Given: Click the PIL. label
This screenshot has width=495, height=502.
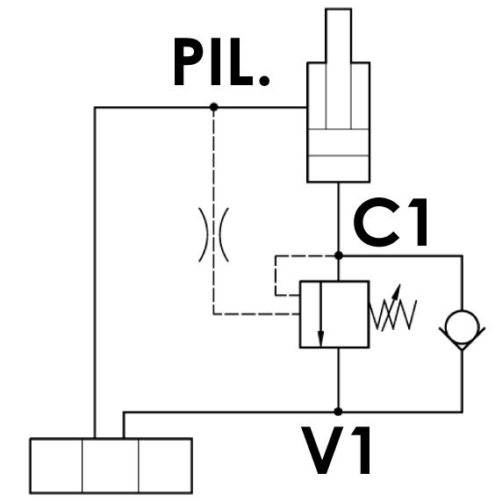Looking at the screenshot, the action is pos(221,62).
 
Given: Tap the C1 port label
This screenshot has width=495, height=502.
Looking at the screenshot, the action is pos(391,222).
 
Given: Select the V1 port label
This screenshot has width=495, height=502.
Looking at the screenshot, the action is pos(335,450).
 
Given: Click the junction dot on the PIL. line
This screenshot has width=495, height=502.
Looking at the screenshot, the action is pos(214,107).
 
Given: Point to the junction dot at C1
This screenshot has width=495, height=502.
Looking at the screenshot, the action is pos(339,255).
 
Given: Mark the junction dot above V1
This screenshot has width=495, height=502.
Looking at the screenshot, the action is pos(338,412).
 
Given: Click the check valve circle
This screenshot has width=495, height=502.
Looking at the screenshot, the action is pos(462,326).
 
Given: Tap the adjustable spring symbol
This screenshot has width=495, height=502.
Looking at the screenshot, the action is pos(393,314).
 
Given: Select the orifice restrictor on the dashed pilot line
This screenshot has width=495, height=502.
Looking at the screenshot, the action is pos(214,234).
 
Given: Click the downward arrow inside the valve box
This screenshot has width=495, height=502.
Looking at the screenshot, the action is pos(321,314).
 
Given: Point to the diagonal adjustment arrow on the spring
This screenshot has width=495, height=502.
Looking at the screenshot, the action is pos(391,307).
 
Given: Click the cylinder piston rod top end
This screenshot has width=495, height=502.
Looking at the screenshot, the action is pos(339,10).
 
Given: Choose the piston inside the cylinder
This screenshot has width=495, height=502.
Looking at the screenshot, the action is pos(339,142).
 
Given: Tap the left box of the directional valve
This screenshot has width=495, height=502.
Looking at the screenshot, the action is pos(56,465).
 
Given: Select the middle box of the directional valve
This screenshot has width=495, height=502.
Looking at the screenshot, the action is pos(111,465).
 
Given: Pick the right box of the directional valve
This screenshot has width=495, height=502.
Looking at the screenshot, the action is pos(165,465).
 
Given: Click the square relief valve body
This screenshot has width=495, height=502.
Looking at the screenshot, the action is pos(334,314).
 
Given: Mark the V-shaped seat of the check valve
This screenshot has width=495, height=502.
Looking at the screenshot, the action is pos(462,339).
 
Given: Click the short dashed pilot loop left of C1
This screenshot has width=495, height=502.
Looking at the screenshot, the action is pos(276,275).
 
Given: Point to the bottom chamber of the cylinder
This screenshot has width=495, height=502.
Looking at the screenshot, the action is pos(339,169).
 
